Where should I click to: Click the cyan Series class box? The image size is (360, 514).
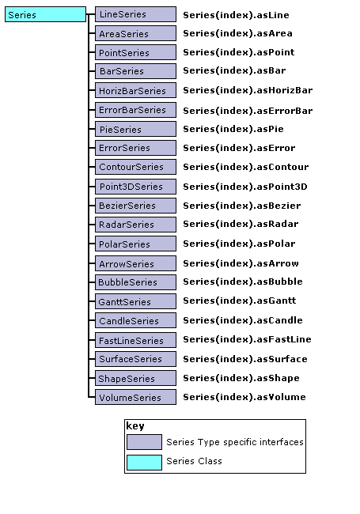(45, 14)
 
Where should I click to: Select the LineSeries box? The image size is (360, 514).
(135, 14)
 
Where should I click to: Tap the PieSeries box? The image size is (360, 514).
(135, 129)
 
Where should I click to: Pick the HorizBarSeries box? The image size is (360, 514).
(135, 90)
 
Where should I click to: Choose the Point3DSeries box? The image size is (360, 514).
(135, 186)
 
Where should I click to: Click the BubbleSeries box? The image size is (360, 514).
(135, 282)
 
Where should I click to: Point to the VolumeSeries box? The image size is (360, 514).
(135, 397)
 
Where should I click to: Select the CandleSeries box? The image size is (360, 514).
(135, 320)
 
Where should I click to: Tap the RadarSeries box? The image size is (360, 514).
(135, 225)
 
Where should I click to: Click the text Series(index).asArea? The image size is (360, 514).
(237, 33)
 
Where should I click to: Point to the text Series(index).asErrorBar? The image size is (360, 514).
(248, 111)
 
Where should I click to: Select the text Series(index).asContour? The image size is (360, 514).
(245, 167)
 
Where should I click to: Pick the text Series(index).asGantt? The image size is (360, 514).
(240, 301)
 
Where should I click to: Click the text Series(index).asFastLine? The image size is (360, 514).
(247, 339)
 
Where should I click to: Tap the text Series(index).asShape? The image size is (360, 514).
(241, 378)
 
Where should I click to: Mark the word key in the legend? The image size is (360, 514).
(135, 426)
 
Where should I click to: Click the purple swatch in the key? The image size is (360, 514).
(144, 442)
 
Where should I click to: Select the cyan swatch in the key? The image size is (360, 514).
(144, 463)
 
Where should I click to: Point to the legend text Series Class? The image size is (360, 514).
(194, 461)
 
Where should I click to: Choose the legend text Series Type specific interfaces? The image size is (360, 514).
(235, 442)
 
